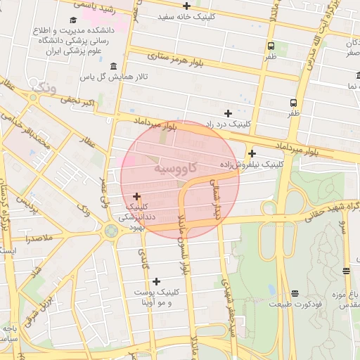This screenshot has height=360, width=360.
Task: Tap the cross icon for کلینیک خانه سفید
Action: (x=187, y=6)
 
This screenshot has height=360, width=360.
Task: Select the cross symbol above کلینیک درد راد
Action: (x=228, y=113)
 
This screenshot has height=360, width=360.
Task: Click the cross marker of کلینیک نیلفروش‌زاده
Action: (x=252, y=153)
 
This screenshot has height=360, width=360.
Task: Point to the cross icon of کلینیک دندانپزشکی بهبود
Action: (x=136, y=196)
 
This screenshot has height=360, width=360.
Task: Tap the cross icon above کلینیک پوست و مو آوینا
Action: (x=156, y=281)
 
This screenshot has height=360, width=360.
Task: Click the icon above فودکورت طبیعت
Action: (x=294, y=293)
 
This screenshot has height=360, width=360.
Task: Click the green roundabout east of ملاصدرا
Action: (x=110, y=231)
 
